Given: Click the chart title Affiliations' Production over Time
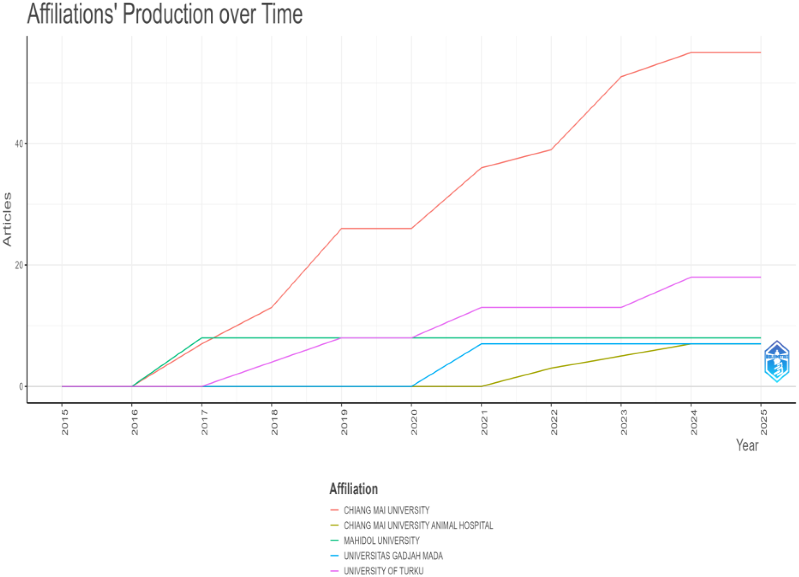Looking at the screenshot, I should point(165,14).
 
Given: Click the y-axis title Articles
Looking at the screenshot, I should point(7,219).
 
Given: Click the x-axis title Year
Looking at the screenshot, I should point(747,445).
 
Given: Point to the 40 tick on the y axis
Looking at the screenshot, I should point(18,144).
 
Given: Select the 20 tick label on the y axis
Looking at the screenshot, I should point(18,265).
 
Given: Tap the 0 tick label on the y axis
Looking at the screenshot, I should point(21,387).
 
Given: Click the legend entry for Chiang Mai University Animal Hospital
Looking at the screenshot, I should point(418,526).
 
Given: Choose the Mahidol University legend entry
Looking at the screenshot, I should point(381,540).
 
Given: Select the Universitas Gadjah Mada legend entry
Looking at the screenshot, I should point(393,556).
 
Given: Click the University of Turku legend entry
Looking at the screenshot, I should point(383,571).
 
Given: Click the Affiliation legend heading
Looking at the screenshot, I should point(353,489).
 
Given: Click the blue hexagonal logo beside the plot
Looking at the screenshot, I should point(777,361).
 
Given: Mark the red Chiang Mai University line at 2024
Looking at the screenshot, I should point(691,53).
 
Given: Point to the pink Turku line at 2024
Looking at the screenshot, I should point(691,277).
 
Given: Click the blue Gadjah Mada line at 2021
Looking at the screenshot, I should point(481,344).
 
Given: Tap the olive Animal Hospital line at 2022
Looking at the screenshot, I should point(551,368).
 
